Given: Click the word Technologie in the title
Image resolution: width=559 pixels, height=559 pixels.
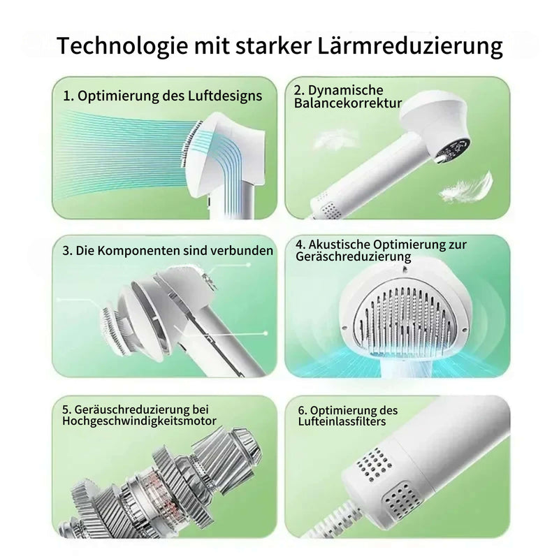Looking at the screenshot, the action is tap(122, 45).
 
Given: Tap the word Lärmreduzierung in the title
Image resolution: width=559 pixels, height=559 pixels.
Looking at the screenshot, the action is tap(409, 45).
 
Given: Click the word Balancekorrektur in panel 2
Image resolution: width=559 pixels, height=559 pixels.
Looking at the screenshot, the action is tap(347, 103).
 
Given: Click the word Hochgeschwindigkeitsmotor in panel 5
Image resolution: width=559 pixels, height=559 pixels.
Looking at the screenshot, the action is tap(139, 421).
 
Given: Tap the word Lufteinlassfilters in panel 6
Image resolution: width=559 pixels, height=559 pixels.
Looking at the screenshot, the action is tap(342, 422).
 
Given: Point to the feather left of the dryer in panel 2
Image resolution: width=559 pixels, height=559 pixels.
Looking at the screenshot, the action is tap(337, 140).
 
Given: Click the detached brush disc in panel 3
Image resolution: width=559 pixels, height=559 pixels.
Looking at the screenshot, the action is tap(113, 331).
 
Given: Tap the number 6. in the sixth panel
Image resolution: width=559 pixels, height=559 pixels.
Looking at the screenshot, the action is tap(303, 411).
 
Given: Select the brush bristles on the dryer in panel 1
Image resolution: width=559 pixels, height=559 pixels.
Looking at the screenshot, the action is tap(191, 142).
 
